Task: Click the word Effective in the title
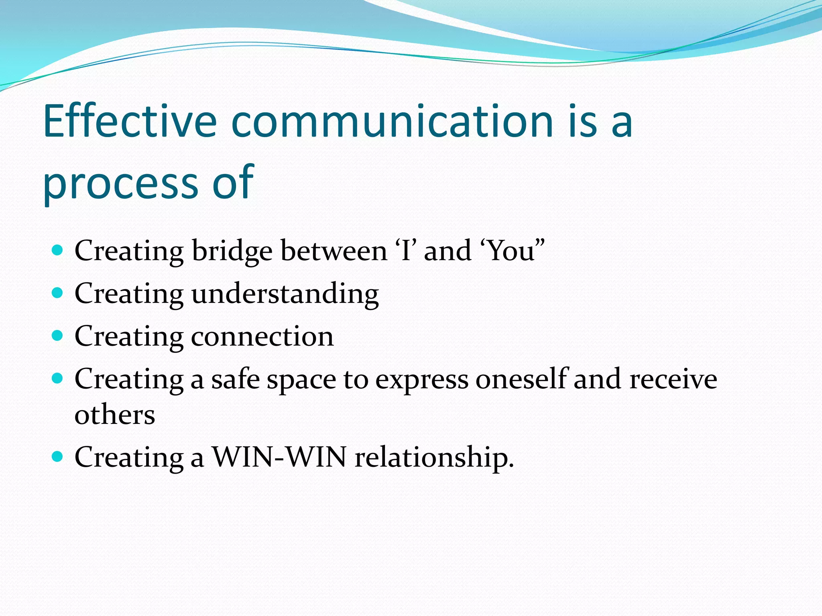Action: click(x=130, y=121)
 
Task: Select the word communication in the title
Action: click(x=393, y=121)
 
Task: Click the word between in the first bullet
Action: click(x=334, y=251)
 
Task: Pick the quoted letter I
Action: click(x=406, y=251)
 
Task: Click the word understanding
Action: click(x=285, y=294)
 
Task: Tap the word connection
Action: click(x=262, y=336)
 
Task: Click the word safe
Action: click(x=235, y=379)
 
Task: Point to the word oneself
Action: click(x=521, y=379)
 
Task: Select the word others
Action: click(x=115, y=415)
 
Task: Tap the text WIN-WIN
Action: click(x=279, y=457)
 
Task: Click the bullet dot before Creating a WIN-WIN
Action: click(x=58, y=456)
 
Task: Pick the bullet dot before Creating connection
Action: click(x=58, y=336)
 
